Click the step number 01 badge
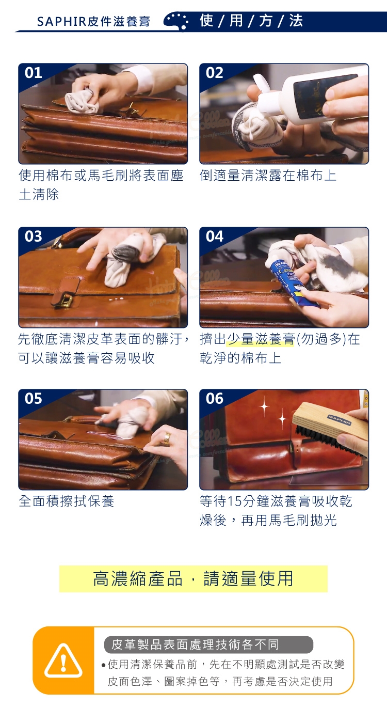[x=33, y=73]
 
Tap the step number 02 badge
[x=215, y=73]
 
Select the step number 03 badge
[x=33, y=237]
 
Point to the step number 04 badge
[x=215, y=237]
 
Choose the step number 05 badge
[x=33, y=399]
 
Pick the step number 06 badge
[x=215, y=399]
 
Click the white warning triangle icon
[x=63, y=661]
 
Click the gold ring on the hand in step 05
[x=166, y=439]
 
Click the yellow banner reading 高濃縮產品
[x=193, y=579]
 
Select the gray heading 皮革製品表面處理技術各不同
[x=208, y=645]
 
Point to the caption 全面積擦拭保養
[x=67, y=501]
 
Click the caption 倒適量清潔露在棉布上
[x=268, y=176]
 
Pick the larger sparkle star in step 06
[x=264, y=406]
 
